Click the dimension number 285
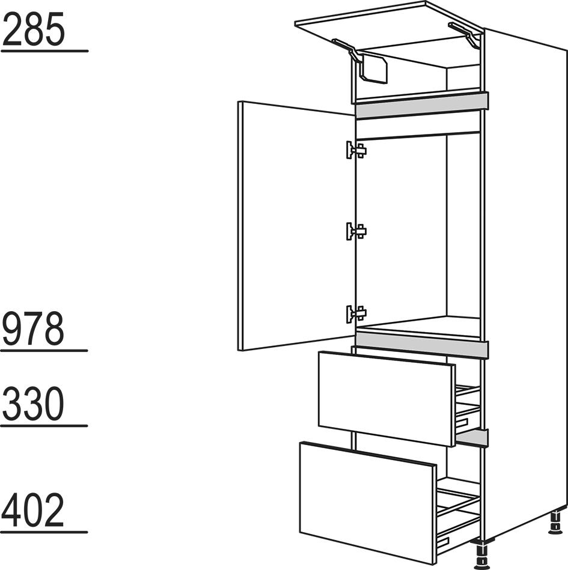point(34,29)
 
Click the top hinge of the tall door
point(356,150)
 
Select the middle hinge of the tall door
point(356,231)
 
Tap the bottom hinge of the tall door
point(356,314)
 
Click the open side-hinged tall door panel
point(296,226)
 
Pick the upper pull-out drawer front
point(386,399)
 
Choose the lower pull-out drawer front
point(367,503)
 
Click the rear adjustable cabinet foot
point(555,523)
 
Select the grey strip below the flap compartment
point(422,106)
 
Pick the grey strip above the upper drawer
point(422,345)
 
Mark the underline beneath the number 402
point(44,532)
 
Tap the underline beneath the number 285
point(44,51)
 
